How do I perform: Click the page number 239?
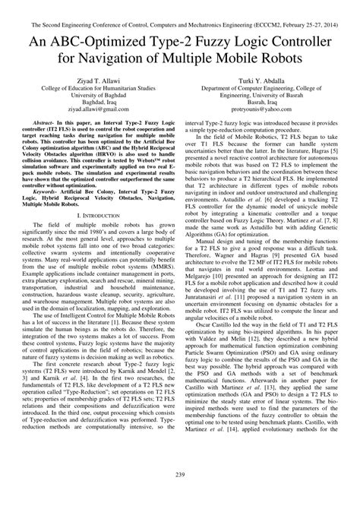179,496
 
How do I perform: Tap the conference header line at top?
180,7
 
